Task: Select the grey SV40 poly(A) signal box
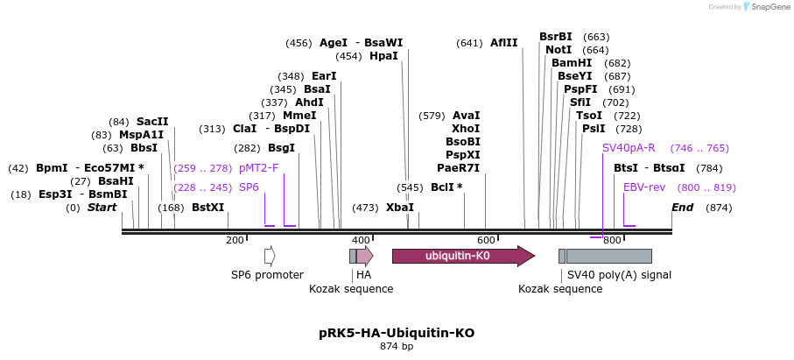point(608,256)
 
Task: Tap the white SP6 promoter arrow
point(270,256)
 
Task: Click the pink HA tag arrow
point(364,256)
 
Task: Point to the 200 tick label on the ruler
point(235,240)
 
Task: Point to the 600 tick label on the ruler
point(486,240)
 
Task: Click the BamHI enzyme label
point(572,63)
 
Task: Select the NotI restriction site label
point(559,50)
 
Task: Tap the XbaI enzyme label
point(400,208)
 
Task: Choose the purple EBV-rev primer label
point(644,187)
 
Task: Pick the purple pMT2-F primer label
point(258,168)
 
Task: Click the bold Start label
point(102,208)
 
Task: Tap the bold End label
point(682,208)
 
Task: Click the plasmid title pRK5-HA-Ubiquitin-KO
point(397,334)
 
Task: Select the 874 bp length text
point(397,347)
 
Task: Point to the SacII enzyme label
point(152,122)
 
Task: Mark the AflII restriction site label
point(504,43)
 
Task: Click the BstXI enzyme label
point(208,208)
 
